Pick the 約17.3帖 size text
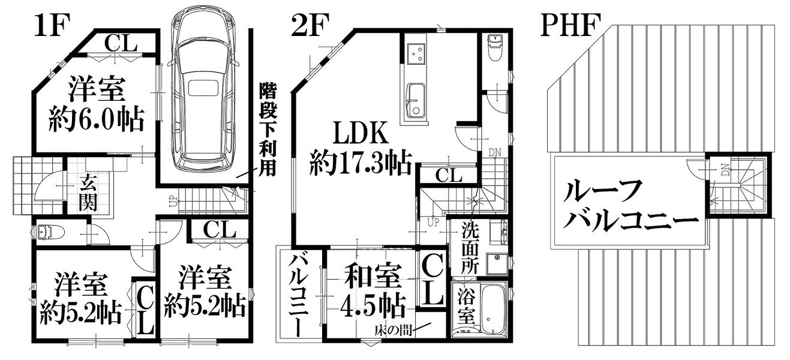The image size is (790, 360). point(361,163)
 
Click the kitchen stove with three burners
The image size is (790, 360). point(416,54)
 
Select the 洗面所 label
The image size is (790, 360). point(470,248)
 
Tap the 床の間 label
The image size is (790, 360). point(393,331)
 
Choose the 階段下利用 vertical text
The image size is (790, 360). point(268,130)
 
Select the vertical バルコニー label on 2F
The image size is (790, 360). point(299,295)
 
